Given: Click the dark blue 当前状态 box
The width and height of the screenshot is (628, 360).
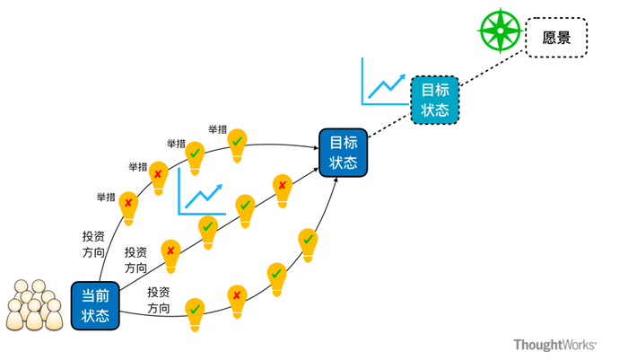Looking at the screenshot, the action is [95, 305].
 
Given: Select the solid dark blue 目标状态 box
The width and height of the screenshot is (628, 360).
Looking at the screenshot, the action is [344, 153].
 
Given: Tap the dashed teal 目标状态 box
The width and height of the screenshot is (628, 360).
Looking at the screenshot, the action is [435, 100].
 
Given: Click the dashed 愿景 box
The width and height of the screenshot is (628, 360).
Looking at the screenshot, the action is [556, 38].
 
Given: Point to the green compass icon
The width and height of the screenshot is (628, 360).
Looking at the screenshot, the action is [501, 31].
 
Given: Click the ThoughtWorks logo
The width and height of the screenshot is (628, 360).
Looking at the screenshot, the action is [555, 345].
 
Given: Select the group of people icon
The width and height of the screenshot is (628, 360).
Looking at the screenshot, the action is [34, 305].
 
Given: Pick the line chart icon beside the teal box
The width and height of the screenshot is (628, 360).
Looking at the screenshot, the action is [385, 82].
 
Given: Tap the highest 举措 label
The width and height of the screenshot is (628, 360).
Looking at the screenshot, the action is [217, 129].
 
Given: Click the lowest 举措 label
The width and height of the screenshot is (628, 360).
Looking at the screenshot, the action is [106, 198].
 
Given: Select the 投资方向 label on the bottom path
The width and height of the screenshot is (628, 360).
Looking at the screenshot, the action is [159, 300].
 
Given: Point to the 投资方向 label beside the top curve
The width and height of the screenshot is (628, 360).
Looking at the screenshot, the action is [93, 244].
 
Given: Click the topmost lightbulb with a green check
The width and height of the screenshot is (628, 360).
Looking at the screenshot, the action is [237, 145].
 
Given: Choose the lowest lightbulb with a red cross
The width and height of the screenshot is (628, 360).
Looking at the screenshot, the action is [237, 302].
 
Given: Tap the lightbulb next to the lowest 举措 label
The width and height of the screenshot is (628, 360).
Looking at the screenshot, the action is [128, 208].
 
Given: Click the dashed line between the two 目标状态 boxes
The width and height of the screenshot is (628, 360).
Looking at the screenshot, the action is [389, 126].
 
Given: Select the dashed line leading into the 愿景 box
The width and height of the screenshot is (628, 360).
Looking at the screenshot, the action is [493, 68].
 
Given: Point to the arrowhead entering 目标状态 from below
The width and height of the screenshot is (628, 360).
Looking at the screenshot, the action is [336, 180].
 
